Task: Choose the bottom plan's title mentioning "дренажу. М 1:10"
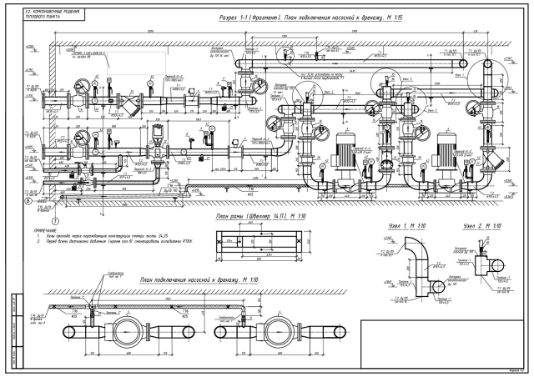coord(199,279)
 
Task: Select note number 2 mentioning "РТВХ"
coord(125,241)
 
